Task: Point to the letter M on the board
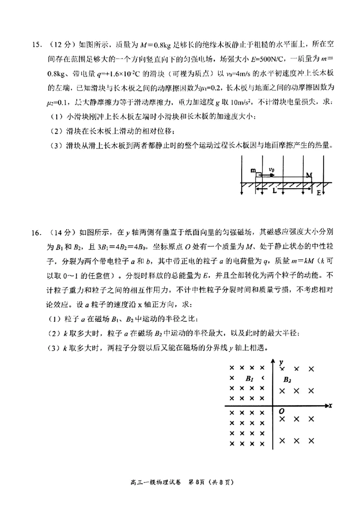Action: tap(308, 175)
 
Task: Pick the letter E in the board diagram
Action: tap(319, 193)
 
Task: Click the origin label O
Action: tap(281, 411)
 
